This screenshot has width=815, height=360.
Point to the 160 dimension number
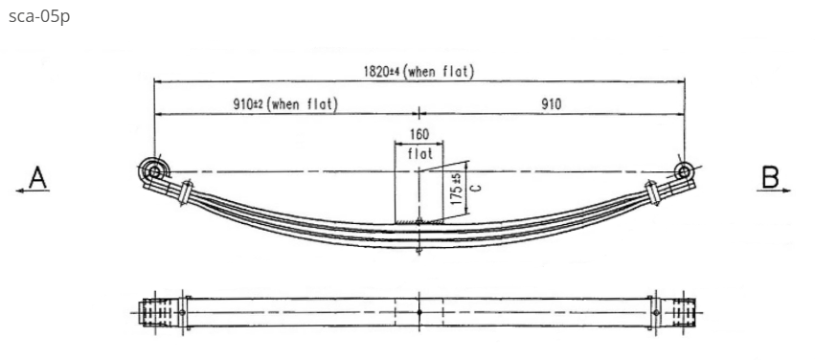click(x=419, y=135)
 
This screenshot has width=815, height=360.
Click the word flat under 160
click(x=419, y=153)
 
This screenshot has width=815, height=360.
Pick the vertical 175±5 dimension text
click(x=458, y=188)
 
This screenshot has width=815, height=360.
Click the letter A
click(x=37, y=176)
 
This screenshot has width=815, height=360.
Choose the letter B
click(x=770, y=176)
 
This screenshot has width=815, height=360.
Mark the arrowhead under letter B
click(x=787, y=191)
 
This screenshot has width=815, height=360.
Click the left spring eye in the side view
click(x=153, y=171)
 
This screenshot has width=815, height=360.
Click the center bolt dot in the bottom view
click(x=419, y=312)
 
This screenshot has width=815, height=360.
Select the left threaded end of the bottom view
click(x=153, y=312)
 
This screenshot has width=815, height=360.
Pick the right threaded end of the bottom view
click(x=684, y=312)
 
